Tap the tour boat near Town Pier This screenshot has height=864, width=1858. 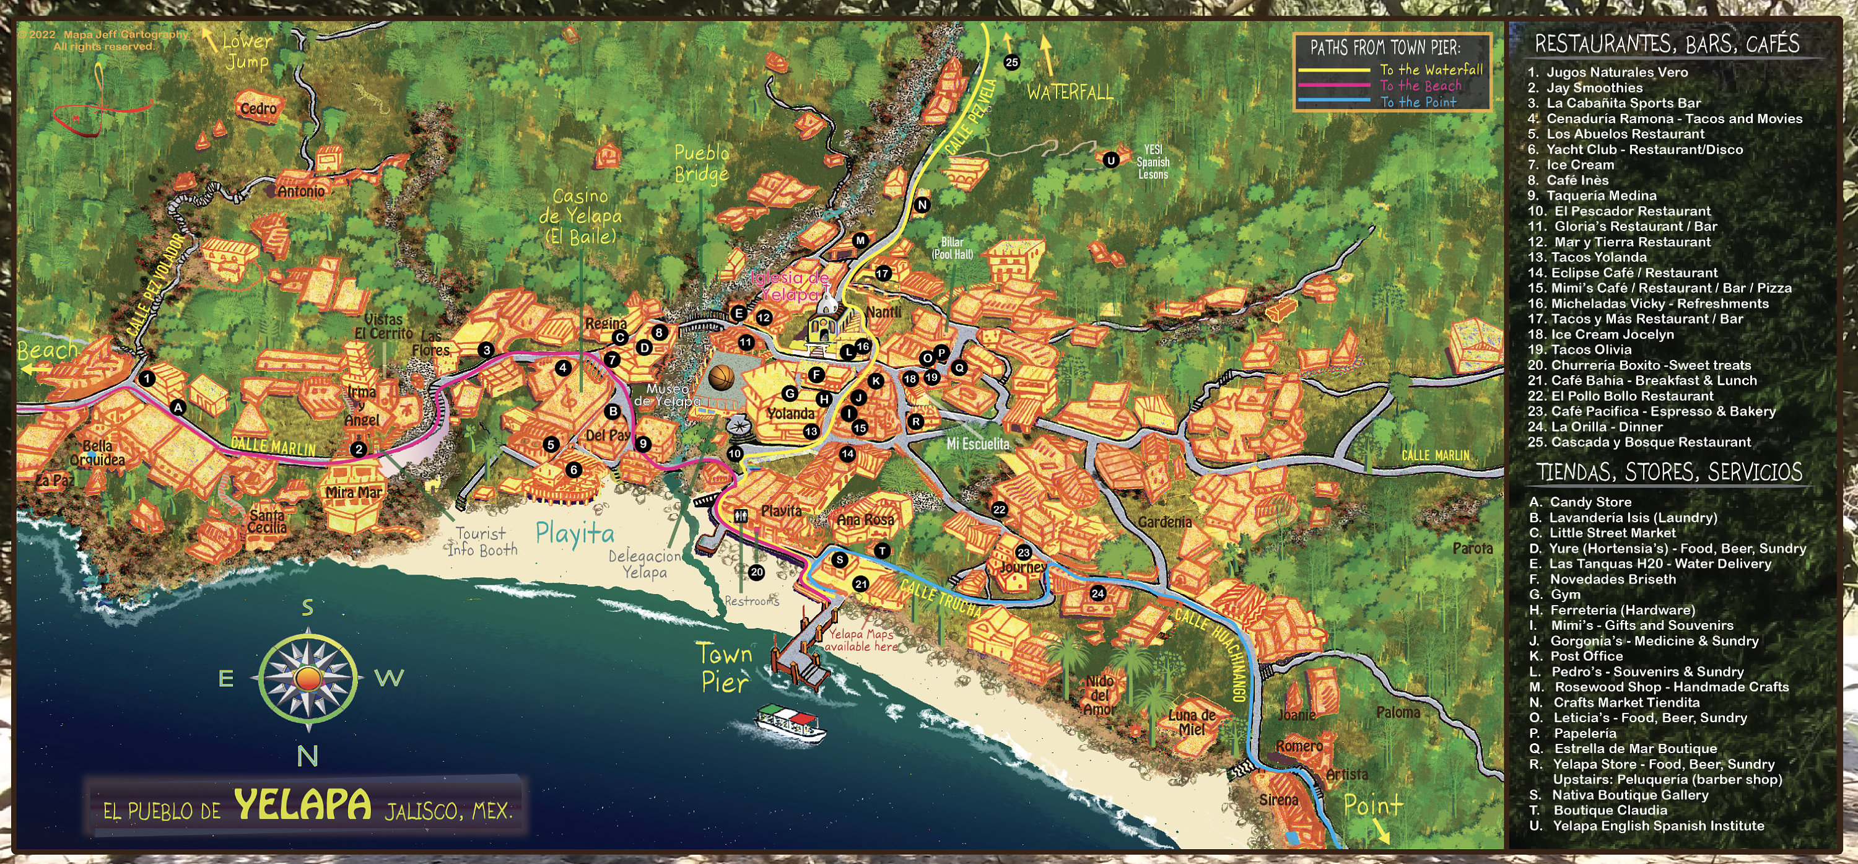pos(790,723)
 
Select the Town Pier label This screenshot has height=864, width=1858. pos(725,668)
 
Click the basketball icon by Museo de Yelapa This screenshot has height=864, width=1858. pos(722,377)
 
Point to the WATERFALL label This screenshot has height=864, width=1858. pos(1070,92)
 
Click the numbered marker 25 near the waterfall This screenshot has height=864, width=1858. pos(1011,62)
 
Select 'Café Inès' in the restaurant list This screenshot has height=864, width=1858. pos(1577,180)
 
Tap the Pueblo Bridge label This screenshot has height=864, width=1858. pos(701,164)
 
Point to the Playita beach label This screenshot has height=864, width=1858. pos(575,533)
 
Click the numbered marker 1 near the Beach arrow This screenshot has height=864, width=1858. pos(147,378)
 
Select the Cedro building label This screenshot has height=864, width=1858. pos(258,109)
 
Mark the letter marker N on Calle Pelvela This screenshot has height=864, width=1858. pos(922,205)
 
